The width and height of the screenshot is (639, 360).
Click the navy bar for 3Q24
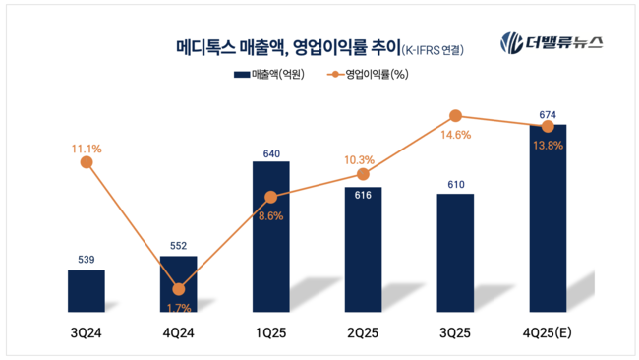click(87, 291)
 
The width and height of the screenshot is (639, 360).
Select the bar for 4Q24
click(178, 285)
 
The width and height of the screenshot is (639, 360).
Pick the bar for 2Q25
click(363, 250)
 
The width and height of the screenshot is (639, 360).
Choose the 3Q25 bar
click(455, 253)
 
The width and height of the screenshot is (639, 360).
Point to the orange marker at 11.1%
click(87, 163)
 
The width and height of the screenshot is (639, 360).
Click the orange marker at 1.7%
click(178, 289)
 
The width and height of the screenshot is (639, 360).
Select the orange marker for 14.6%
click(455, 116)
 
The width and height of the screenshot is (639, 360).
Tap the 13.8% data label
click(547, 145)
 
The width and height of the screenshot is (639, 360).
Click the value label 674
click(548, 114)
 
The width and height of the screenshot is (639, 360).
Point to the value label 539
click(87, 260)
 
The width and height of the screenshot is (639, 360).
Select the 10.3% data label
click(360, 159)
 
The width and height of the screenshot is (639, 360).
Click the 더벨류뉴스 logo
click(552, 42)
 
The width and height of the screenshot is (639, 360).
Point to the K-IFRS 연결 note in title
click(432, 48)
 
